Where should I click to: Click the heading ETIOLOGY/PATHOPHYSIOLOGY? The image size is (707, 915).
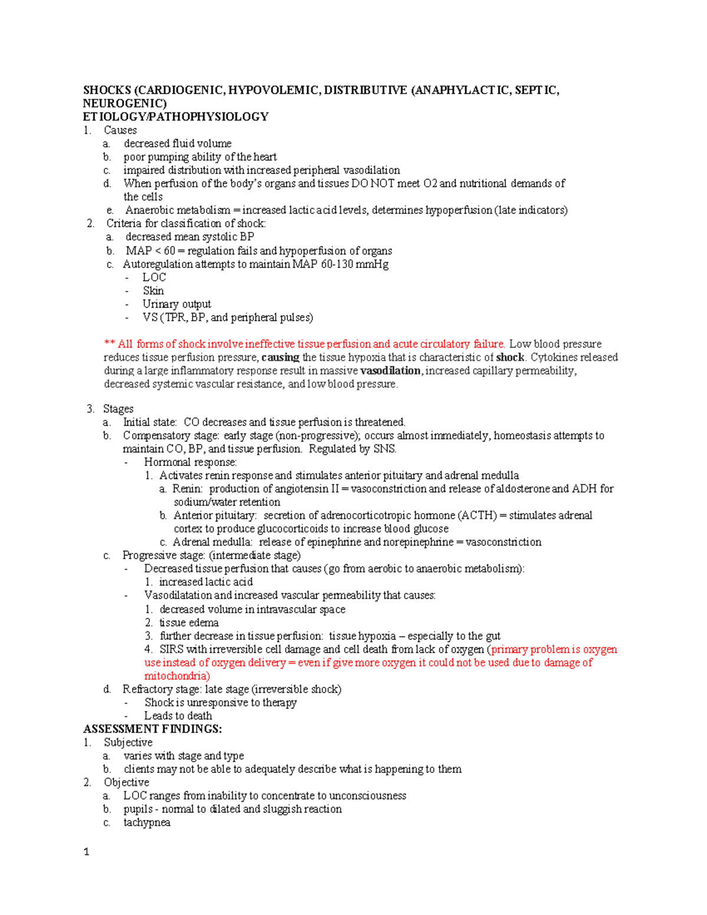[x=176, y=117]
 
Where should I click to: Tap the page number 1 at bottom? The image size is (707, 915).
[x=87, y=852]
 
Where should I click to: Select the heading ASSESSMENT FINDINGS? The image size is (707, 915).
[x=153, y=729]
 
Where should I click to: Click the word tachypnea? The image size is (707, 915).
[x=147, y=822]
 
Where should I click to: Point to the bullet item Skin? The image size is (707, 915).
[x=153, y=290]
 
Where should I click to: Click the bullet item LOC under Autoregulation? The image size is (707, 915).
[x=154, y=278]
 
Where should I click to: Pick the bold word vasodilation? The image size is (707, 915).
[x=390, y=371]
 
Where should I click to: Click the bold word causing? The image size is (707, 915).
[x=280, y=358]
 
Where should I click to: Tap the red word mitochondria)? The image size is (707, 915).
[x=177, y=676]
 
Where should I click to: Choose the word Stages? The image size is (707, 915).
[x=118, y=409]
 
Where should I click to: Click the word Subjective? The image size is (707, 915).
[x=128, y=742]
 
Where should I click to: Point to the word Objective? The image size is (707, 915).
[x=127, y=782]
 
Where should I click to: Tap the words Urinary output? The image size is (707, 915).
[x=177, y=304]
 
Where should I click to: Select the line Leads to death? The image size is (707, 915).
[x=178, y=716]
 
